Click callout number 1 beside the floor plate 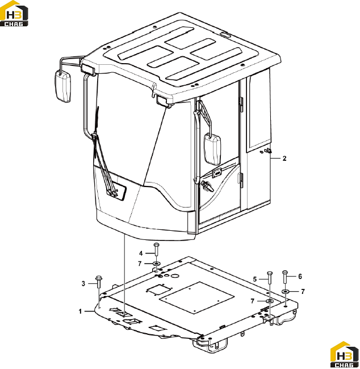[80, 312]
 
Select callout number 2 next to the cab [284, 159]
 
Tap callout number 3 [83, 284]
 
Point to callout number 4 [141, 253]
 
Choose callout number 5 [255, 279]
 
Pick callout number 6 [300, 276]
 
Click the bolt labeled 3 [98, 282]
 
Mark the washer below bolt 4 [157, 263]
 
